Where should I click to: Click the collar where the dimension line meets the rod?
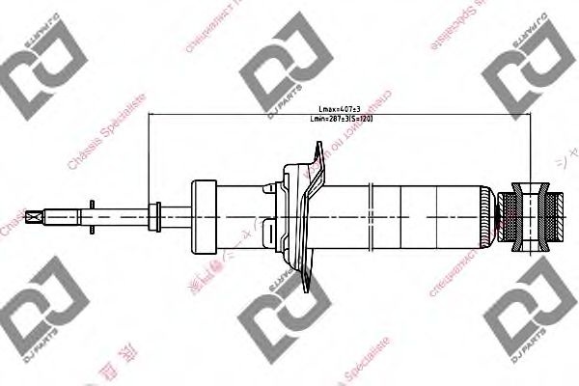tap(151, 211)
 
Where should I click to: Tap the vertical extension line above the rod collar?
tap(150, 154)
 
